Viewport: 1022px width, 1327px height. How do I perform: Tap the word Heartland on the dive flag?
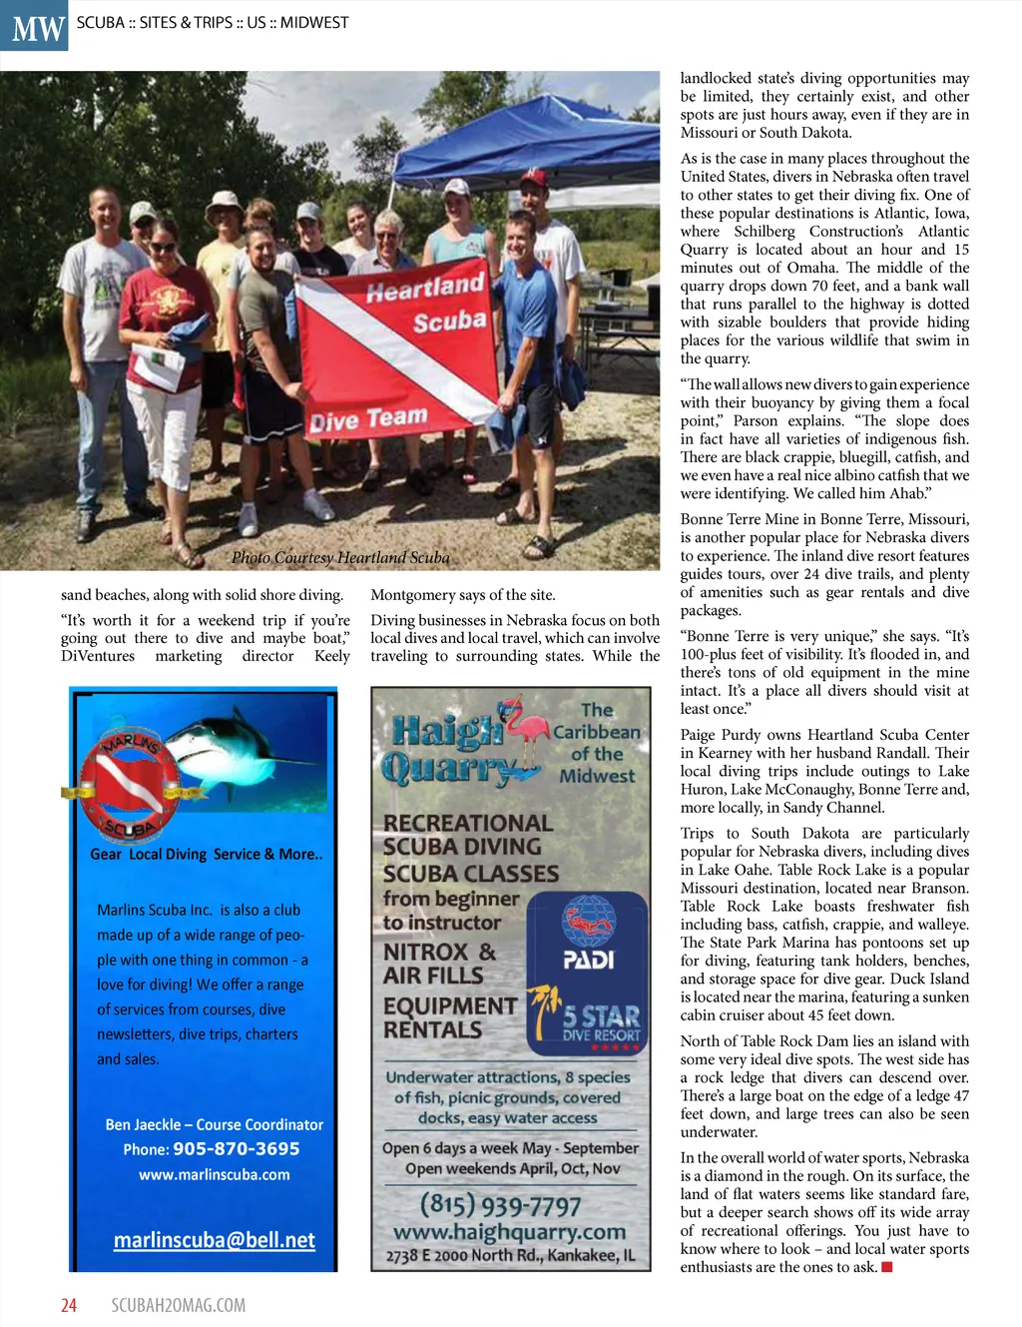tap(424, 288)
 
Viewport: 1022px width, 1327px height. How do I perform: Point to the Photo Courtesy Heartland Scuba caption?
tap(340, 557)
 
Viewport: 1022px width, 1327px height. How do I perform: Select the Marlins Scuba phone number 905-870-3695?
tap(236, 1149)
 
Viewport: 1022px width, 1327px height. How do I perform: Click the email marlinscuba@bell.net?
tap(214, 1240)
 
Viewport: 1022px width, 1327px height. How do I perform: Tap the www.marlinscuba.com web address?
tap(215, 1175)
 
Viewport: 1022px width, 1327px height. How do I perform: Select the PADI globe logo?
tap(588, 920)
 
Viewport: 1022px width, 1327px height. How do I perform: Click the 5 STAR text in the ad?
tap(601, 1016)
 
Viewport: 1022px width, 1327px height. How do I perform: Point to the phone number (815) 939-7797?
tap(500, 1205)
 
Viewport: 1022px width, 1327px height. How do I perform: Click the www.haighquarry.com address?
tap(509, 1232)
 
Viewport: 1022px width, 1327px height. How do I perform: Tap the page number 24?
tap(69, 1305)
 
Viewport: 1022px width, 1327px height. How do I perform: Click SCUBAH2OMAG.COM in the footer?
tap(178, 1305)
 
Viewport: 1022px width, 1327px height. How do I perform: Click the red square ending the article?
tap(886, 1267)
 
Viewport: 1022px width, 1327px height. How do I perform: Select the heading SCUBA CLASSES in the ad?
tap(471, 873)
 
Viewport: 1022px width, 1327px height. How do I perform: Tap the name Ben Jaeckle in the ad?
tap(144, 1124)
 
